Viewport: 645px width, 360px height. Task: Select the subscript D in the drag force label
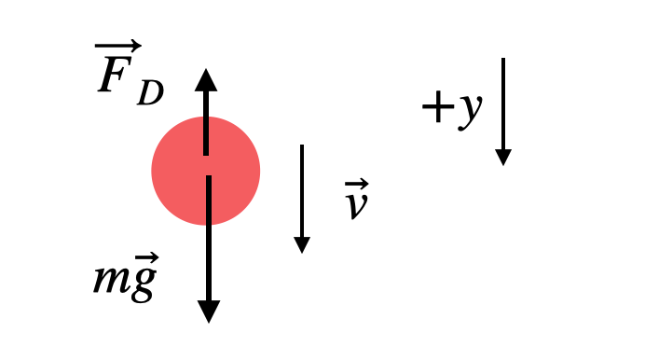149,93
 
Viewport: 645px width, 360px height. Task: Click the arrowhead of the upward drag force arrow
206,78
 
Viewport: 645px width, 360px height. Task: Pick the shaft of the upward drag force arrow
206,121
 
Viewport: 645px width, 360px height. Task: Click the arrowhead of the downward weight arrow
209,311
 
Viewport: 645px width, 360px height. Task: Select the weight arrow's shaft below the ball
209,261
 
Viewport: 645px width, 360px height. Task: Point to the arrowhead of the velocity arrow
302,244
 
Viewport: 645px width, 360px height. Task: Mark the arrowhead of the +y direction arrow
503,157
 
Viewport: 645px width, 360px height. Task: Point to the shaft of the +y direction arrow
503,103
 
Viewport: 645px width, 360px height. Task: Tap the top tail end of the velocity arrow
302,146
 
